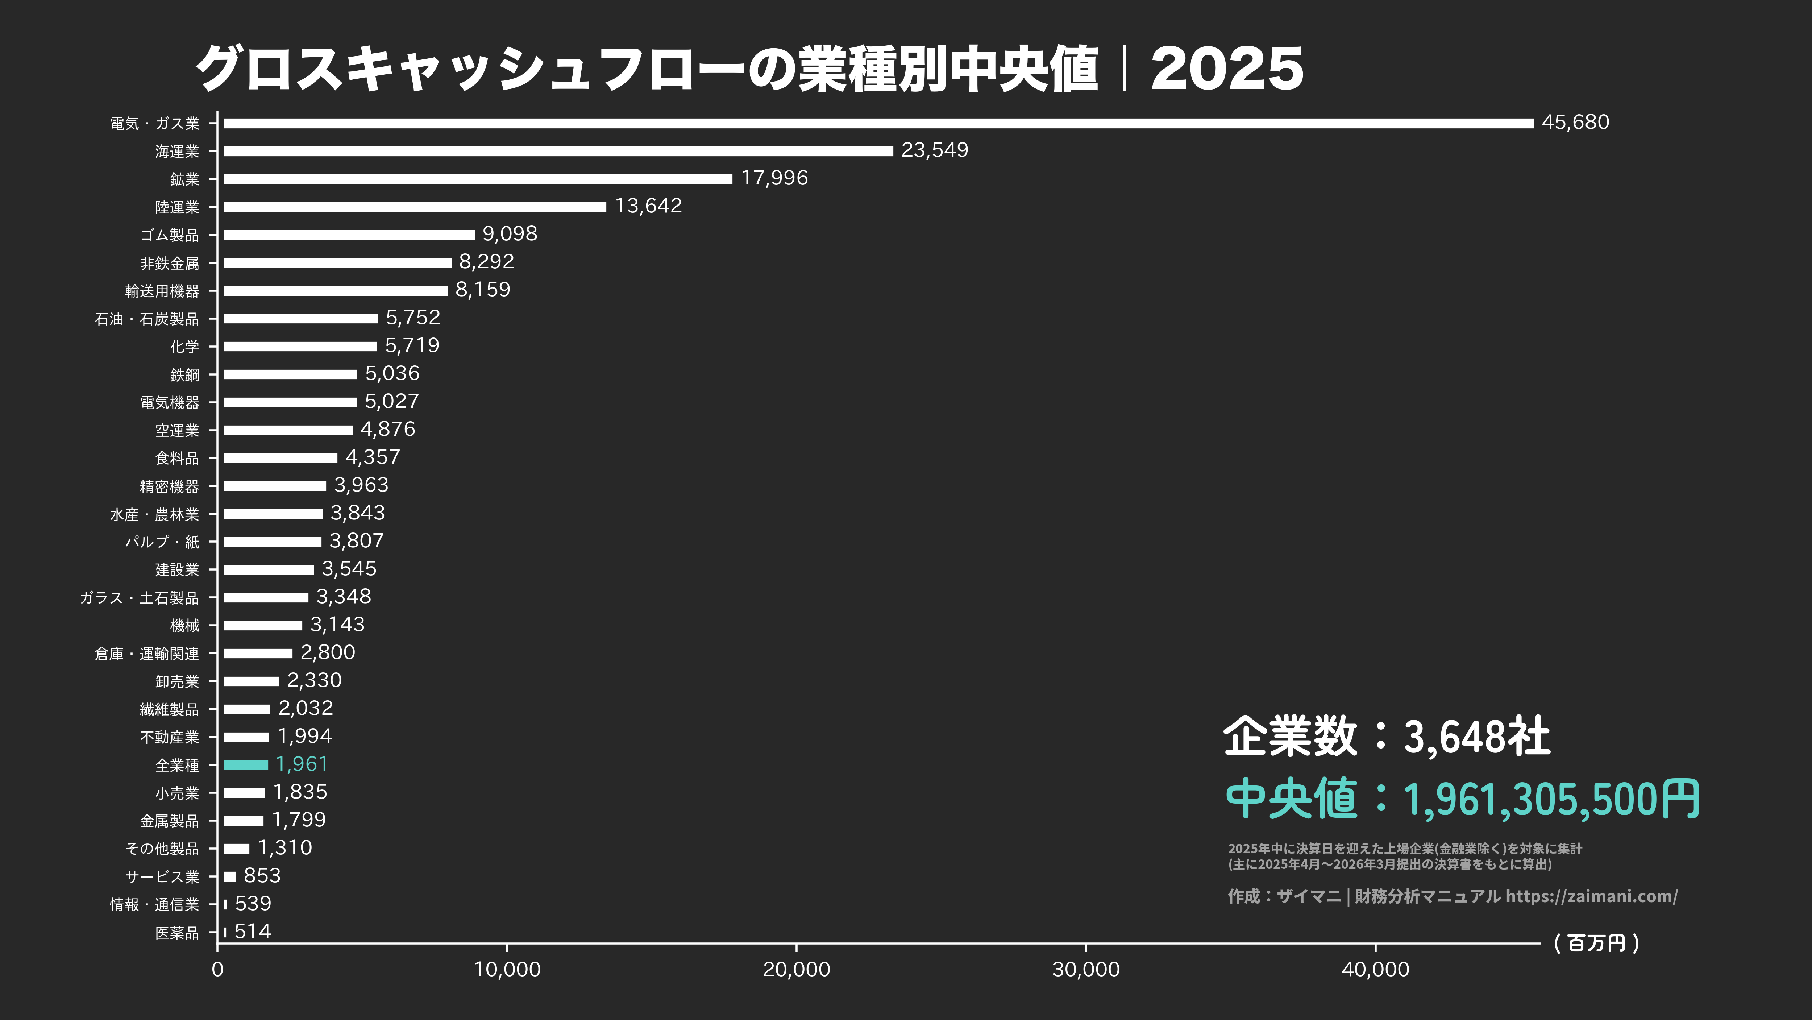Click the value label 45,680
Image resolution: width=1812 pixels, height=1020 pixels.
1575,123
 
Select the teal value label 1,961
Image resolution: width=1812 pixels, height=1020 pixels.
302,764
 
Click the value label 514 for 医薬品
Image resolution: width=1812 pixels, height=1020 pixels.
253,931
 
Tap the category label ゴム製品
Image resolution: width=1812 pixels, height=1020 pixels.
170,235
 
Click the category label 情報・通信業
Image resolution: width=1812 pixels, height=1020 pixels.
155,905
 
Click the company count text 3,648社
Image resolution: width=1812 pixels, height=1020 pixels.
1477,737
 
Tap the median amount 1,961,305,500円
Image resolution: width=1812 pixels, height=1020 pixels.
1551,800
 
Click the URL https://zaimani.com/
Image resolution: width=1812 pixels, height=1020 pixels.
1591,896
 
